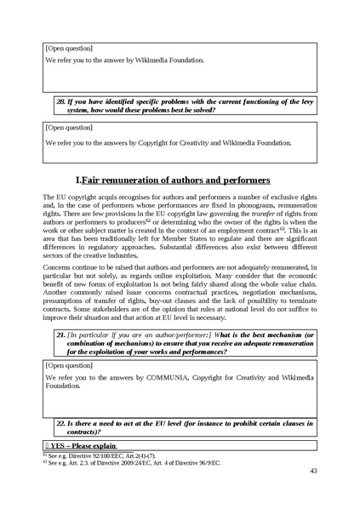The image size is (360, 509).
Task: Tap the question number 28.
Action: pyautogui.click(x=60, y=100)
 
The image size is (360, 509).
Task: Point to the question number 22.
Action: pyautogui.click(x=60, y=422)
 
